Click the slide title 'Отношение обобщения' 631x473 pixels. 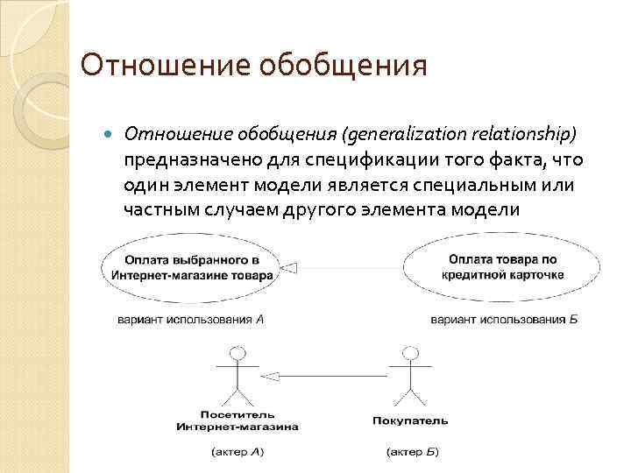253,66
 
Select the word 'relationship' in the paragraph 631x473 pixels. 522,136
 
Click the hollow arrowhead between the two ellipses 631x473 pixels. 292,266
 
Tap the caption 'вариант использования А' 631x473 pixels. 191,320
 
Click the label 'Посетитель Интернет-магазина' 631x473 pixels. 238,420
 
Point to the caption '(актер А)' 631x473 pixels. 238,452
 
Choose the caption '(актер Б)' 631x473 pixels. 412,452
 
